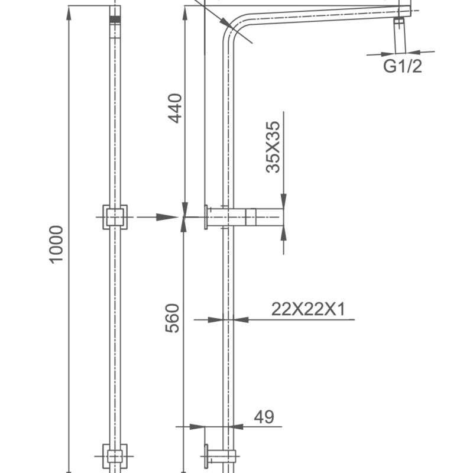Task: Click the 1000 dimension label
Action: click(56, 244)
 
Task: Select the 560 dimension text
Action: click(172, 318)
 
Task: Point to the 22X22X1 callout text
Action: click(308, 309)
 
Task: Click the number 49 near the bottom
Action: click(264, 417)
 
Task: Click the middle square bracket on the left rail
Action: click(115, 217)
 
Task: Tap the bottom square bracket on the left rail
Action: click(115, 456)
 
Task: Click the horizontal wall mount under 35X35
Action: click(254, 217)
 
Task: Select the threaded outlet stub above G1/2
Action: click(400, 35)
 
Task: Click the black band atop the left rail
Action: click(115, 20)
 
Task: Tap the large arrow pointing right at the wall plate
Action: click(166, 217)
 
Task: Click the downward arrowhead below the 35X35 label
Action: click(283, 201)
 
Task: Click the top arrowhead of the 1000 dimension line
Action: click(69, 13)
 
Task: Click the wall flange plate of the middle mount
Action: click(206, 217)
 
